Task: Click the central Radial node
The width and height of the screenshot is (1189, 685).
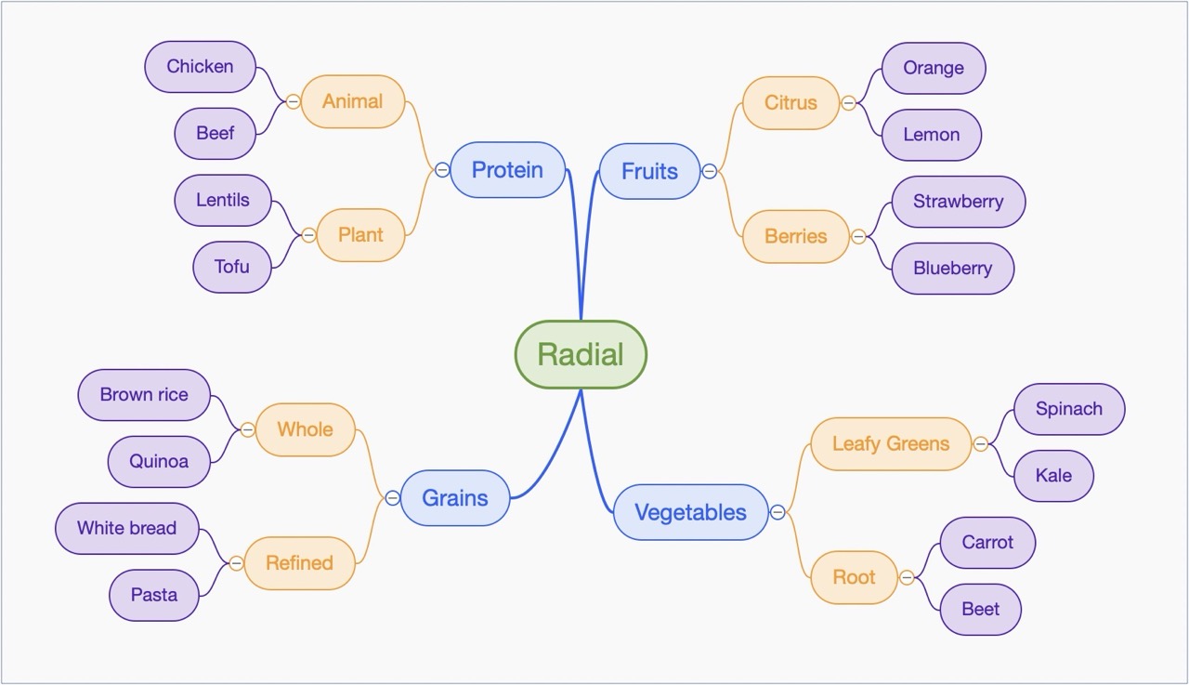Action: (581, 354)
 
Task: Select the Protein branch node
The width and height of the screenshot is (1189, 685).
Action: (507, 170)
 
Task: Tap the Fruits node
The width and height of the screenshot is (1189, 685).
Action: (649, 171)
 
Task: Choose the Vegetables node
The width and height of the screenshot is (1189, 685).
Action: (690, 512)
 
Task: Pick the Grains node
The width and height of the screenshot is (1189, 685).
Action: (455, 498)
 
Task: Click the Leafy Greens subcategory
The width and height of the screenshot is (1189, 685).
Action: (890, 444)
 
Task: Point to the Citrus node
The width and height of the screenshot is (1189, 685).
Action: (790, 103)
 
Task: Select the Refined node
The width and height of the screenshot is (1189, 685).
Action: (299, 563)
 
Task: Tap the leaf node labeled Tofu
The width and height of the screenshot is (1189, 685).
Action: (231, 267)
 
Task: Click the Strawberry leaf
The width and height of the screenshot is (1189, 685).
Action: (958, 202)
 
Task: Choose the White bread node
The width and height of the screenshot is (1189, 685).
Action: (126, 529)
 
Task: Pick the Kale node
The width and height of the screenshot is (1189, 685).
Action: (1053, 476)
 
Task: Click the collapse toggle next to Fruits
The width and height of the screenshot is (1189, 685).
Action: (710, 171)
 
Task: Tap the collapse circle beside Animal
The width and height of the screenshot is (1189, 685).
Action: (293, 101)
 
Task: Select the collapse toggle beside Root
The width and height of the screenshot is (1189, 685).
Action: (907, 577)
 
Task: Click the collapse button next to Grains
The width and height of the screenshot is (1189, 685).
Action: (392, 498)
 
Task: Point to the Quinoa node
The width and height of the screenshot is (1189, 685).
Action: (159, 462)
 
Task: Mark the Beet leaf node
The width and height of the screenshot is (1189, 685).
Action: (980, 610)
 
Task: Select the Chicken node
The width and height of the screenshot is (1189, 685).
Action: (200, 67)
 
